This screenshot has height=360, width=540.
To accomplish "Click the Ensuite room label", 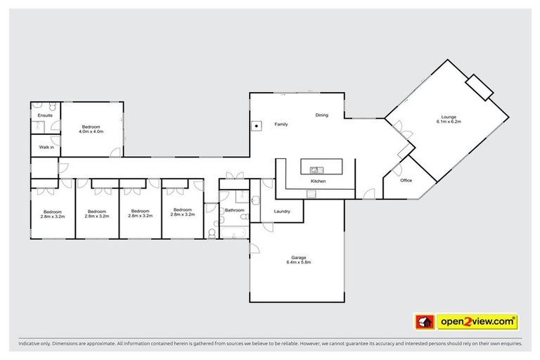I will (45, 115).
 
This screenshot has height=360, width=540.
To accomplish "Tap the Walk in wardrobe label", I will (46, 147).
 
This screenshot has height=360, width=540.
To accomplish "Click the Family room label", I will (281, 124).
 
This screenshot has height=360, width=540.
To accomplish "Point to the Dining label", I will (321, 115).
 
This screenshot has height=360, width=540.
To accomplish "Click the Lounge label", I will (448, 117).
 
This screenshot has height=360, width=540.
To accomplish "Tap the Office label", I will (406, 181).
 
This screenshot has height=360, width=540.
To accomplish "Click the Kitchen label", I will (319, 181).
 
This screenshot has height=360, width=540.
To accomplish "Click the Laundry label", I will (282, 211).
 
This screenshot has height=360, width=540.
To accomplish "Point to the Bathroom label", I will (234, 210).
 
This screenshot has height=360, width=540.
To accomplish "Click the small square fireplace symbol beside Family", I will (257, 127).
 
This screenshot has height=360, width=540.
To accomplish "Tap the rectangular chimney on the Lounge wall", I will (482, 87).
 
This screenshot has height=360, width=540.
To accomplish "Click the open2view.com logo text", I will (477, 321).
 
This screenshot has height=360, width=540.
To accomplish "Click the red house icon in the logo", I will (424, 322).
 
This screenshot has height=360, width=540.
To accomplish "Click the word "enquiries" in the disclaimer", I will (509, 344).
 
